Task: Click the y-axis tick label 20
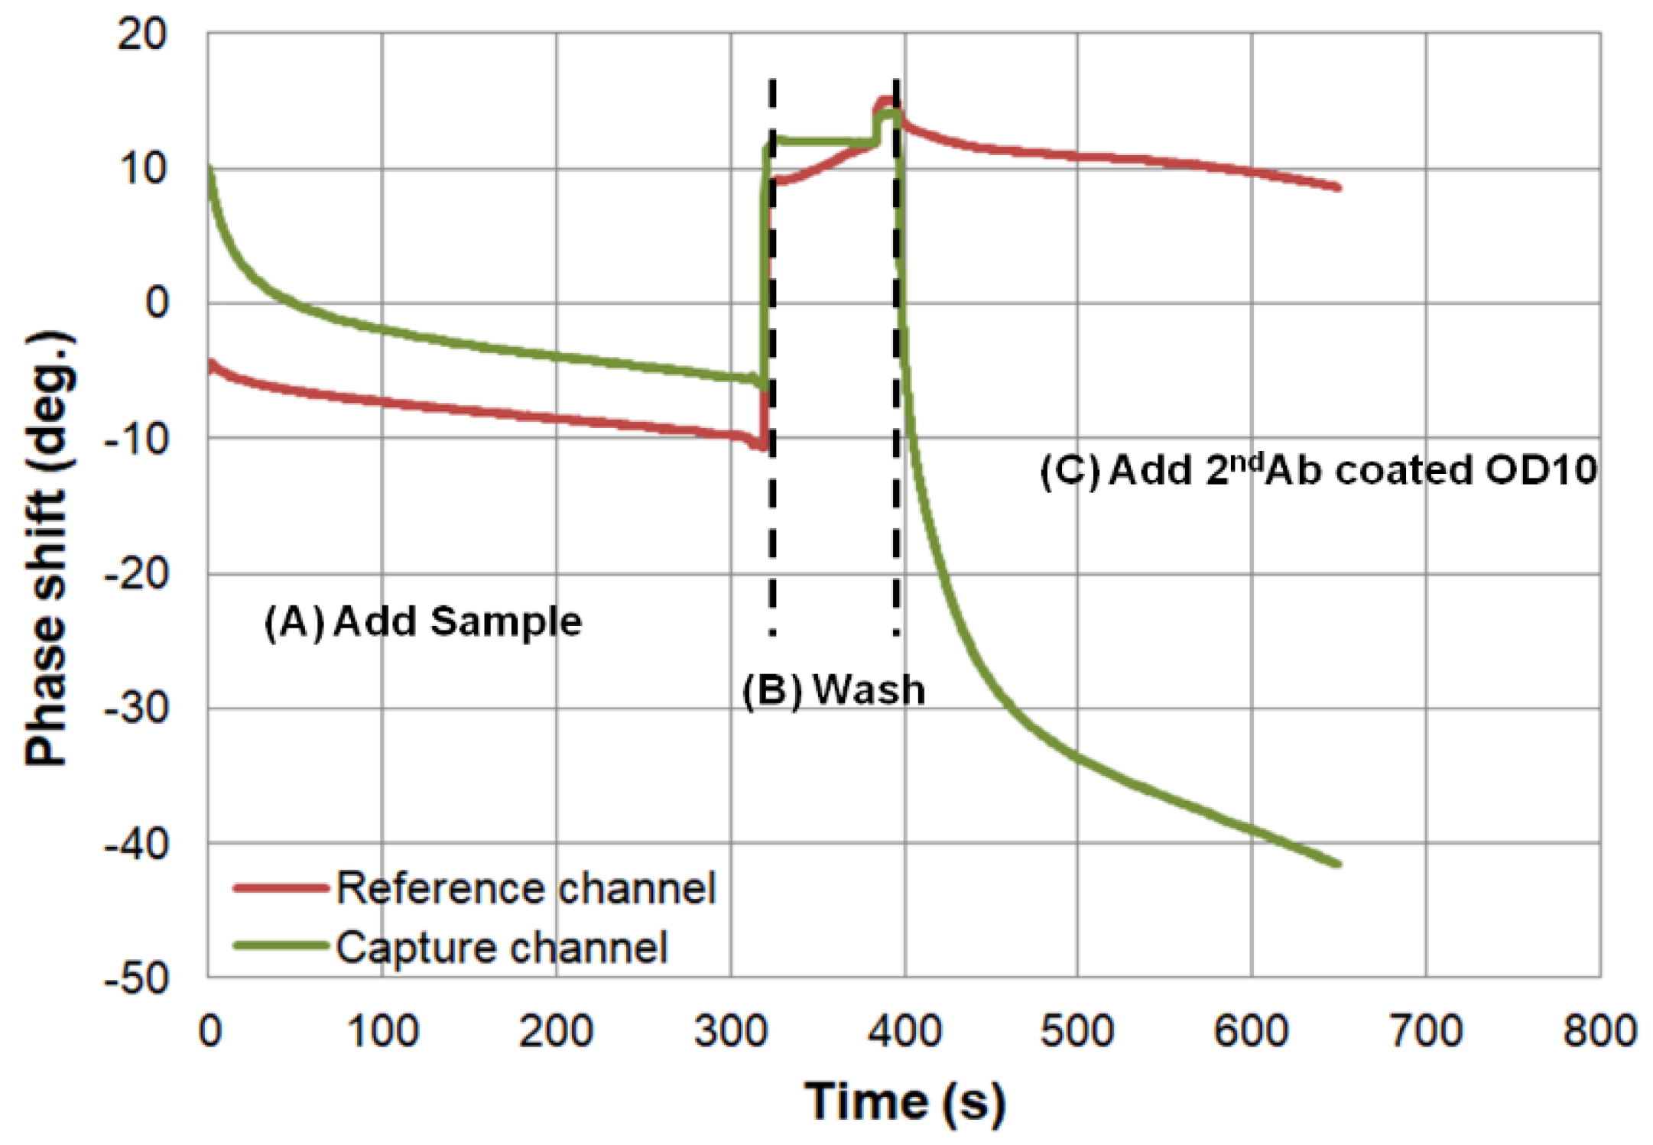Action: pos(141,34)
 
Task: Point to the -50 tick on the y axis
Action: pos(136,978)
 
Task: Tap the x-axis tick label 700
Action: pos(1425,1031)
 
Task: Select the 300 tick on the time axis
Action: pos(730,1031)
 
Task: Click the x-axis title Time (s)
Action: pos(904,1101)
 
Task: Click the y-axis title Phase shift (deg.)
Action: pos(47,549)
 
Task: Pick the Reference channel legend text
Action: pos(526,888)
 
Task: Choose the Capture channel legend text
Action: pos(502,948)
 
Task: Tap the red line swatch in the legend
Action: pos(281,887)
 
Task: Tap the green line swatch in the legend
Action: pos(281,946)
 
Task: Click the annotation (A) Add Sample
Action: pos(423,621)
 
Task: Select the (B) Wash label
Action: pos(833,689)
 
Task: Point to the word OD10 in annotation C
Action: pos(1540,469)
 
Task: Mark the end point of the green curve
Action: pos(1338,864)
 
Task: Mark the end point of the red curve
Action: pos(1338,187)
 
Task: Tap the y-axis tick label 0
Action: pos(157,303)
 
